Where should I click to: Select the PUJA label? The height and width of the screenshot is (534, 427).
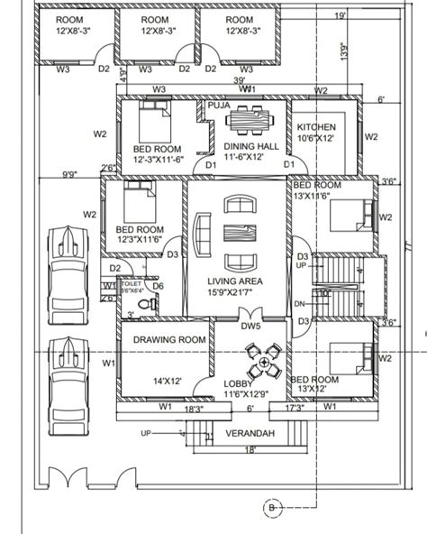click(x=218, y=106)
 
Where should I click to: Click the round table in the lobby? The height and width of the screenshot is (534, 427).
click(x=263, y=365)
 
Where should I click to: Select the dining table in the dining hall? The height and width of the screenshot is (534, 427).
click(x=248, y=121)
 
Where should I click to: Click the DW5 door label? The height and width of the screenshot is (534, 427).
click(x=250, y=326)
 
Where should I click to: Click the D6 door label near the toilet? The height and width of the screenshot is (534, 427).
click(x=157, y=286)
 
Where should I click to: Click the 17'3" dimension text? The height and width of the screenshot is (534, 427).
click(x=295, y=409)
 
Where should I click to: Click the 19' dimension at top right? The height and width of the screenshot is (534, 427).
click(x=339, y=15)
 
